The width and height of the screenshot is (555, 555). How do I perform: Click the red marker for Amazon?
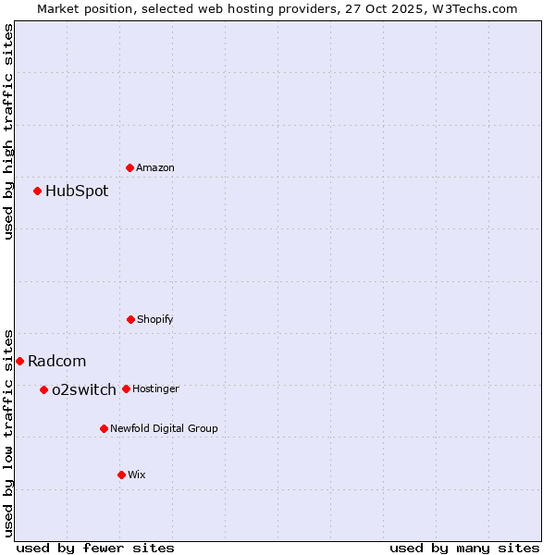click(x=129, y=167)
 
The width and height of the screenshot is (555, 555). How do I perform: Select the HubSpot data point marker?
click(x=38, y=191)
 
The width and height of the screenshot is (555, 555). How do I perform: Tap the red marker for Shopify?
click(x=130, y=319)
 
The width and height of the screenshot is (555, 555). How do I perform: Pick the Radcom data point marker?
click(x=19, y=361)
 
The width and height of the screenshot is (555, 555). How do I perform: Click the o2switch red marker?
click(x=43, y=389)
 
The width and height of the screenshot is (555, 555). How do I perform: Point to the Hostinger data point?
click(x=126, y=388)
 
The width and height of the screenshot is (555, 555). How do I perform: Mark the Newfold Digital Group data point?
click(x=104, y=428)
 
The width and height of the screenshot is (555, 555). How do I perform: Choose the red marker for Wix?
click(x=121, y=475)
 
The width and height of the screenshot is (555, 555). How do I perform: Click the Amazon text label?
click(x=155, y=167)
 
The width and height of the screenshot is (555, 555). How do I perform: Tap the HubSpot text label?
click(x=77, y=191)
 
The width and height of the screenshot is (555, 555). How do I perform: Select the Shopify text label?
click(x=155, y=319)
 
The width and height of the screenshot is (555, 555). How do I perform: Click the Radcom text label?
click(x=56, y=361)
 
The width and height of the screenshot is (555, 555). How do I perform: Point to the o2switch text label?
click(x=84, y=389)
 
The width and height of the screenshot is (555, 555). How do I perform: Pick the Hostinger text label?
click(x=155, y=388)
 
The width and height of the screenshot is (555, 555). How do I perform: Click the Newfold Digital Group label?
click(x=164, y=428)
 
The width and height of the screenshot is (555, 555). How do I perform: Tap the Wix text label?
click(x=137, y=475)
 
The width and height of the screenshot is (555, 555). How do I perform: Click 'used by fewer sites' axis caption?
click(x=95, y=548)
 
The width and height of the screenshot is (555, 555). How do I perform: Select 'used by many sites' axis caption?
click(x=464, y=548)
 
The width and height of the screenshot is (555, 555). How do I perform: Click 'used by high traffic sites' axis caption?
click(x=8, y=131)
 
